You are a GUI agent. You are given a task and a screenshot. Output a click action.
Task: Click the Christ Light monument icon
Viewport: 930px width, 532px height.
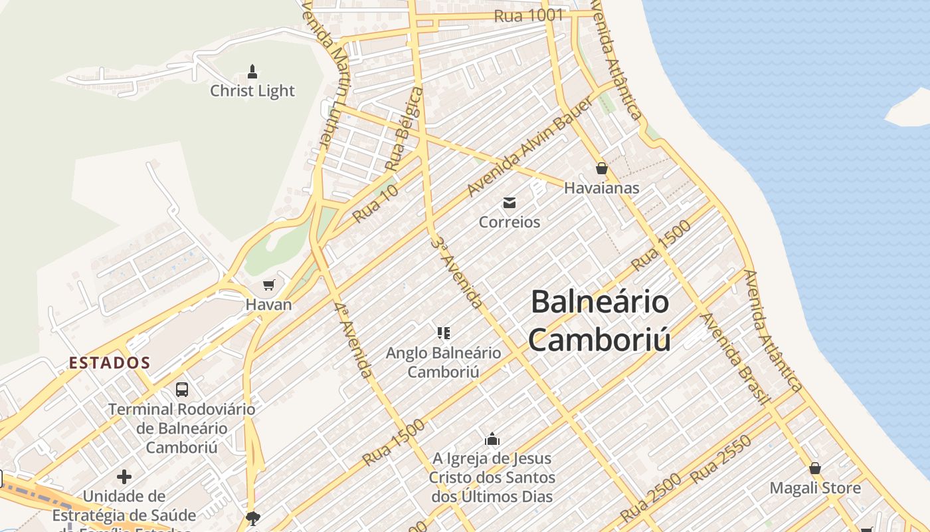(x=252, y=70)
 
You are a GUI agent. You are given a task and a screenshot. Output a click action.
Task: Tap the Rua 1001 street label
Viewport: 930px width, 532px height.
(x=529, y=15)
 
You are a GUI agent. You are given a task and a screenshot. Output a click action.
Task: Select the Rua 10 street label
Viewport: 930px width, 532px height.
(x=375, y=203)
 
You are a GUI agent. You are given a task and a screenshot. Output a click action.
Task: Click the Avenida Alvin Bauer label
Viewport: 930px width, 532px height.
(x=529, y=146)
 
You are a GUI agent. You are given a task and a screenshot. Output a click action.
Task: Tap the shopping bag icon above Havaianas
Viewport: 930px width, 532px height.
(x=601, y=168)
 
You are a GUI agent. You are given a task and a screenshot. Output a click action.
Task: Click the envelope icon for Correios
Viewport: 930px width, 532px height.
(x=510, y=203)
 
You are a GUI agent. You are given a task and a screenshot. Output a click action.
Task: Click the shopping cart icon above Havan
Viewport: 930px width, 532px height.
(x=268, y=285)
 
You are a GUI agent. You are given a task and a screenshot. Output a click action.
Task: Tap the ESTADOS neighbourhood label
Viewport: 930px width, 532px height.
(x=110, y=363)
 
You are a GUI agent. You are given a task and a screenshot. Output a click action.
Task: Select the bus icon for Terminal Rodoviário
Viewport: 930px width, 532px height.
(x=181, y=389)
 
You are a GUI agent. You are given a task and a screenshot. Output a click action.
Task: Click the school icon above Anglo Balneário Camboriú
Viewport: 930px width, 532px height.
(x=444, y=332)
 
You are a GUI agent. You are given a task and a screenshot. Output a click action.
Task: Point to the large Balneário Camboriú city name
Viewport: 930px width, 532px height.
(x=600, y=321)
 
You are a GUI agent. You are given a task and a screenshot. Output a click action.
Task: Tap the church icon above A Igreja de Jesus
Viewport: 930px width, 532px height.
(x=492, y=439)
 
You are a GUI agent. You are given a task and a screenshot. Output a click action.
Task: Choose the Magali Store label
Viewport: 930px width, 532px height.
(x=815, y=488)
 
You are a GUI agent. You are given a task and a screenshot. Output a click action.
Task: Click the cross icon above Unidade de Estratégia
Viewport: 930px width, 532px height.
(x=124, y=477)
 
